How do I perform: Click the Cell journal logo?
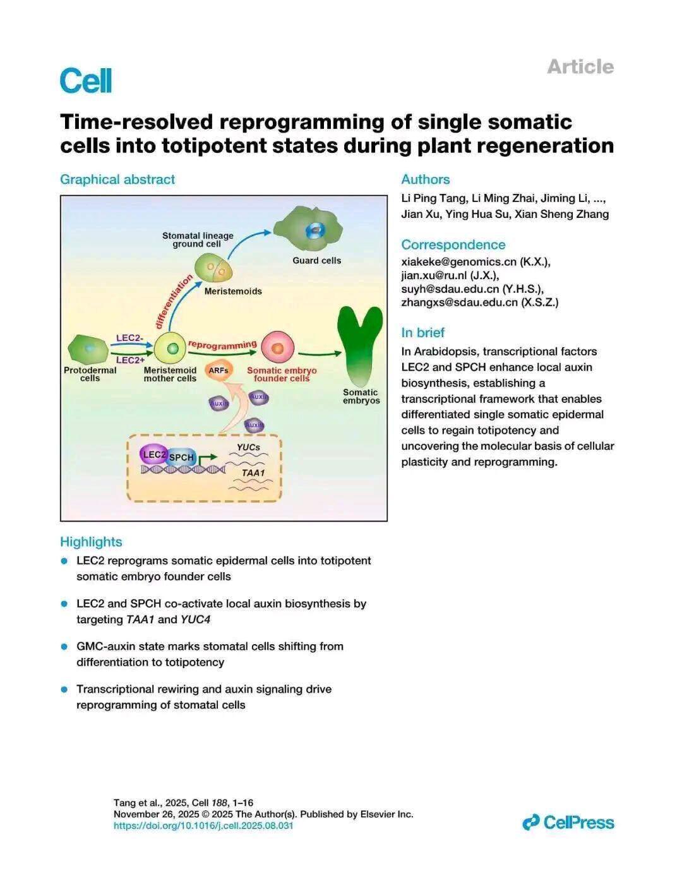click(x=86, y=80)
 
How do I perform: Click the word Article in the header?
click(x=580, y=67)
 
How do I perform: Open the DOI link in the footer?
click(x=203, y=825)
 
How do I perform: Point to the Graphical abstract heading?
click(x=117, y=179)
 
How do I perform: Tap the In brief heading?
click(x=422, y=332)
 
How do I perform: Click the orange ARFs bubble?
click(x=218, y=371)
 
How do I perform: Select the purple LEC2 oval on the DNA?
click(x=153, y=454)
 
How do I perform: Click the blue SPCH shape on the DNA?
click(x=181, y=457)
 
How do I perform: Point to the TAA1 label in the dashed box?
click(x=253, y=473)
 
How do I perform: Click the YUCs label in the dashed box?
click(x=248, y=447)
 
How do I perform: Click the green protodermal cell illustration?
click(x=88, y=349)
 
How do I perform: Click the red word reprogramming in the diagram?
click(x=222, y=345)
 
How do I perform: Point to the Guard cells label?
click(x=317, y=261)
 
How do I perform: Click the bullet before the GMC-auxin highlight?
click(x=64, y=646)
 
